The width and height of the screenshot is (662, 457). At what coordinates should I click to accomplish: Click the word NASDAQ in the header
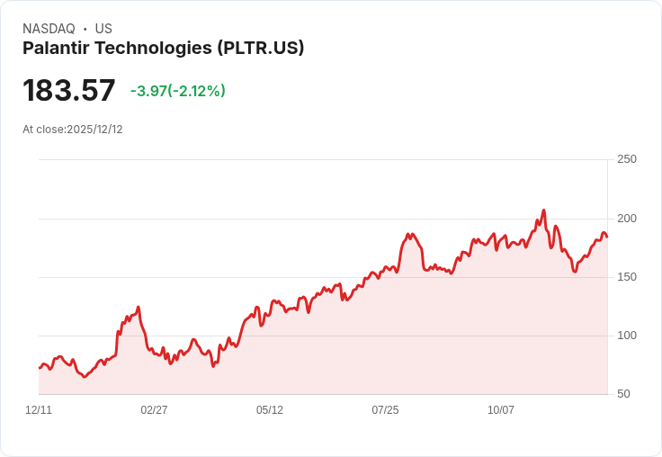49,29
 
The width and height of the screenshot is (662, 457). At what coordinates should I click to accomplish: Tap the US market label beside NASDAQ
103,29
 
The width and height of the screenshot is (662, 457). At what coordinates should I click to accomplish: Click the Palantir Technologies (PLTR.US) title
163,49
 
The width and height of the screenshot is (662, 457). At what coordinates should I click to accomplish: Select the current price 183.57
69,91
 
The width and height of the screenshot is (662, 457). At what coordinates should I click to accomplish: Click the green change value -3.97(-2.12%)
177,91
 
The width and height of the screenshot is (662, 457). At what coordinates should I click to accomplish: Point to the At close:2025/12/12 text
73,130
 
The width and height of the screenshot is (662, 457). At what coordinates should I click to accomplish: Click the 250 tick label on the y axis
626,159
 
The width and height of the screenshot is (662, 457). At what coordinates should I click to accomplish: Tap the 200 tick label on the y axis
626,219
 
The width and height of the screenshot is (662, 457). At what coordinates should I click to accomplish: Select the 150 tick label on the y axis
626,277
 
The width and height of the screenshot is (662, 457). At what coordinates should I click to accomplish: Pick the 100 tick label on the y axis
626,336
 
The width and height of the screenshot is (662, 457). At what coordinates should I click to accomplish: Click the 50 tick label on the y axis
623,394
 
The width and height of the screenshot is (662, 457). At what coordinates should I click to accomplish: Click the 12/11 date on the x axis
39,410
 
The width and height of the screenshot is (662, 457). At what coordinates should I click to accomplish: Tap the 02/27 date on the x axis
154,410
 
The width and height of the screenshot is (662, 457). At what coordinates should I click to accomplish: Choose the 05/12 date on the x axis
270,410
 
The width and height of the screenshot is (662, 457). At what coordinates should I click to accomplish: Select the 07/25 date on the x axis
385,410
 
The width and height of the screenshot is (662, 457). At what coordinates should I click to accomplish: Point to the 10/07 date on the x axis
501,410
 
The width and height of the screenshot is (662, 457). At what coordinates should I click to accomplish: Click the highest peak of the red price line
544,211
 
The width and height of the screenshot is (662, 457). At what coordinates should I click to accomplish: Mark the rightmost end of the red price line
607,237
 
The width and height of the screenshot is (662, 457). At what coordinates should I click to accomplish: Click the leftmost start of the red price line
40,368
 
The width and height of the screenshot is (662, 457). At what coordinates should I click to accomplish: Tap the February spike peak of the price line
138,308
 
